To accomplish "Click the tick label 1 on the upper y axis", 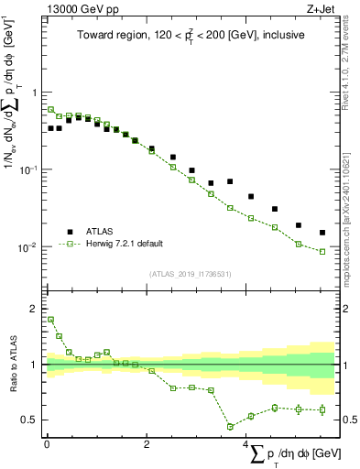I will pos(35,93).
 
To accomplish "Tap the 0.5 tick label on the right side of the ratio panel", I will pos(349,420).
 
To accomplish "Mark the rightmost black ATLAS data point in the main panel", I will pos(322,233).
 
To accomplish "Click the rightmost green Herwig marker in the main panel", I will pos(322,251).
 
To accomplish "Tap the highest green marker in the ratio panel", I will pos(50,320).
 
